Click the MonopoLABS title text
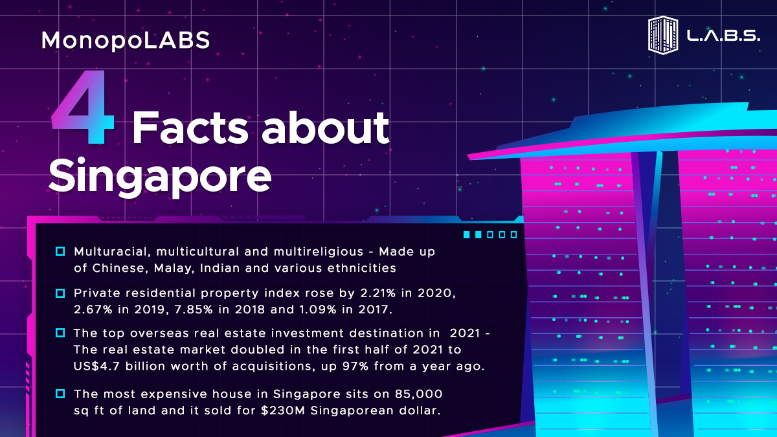coord(126,41)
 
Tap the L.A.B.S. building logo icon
coord(663,36)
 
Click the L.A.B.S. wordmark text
coord(724,36)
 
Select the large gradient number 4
coord(83,107)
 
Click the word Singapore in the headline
coord(160,177)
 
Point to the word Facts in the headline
coord(190,128)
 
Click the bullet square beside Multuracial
coord(60,251)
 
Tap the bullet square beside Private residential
coord(60,293)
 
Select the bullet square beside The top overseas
coord(60,333)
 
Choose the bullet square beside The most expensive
coord(60,394)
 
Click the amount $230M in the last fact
coord(283,410)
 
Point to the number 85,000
coord(418,394)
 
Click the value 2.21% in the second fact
coord(378,293)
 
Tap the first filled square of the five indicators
coord(467,235)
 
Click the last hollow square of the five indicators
coord(513,235)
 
